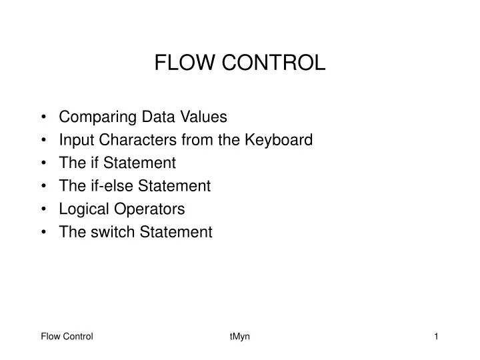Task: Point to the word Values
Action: pos(205,117)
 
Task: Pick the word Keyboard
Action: pos(280,140)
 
